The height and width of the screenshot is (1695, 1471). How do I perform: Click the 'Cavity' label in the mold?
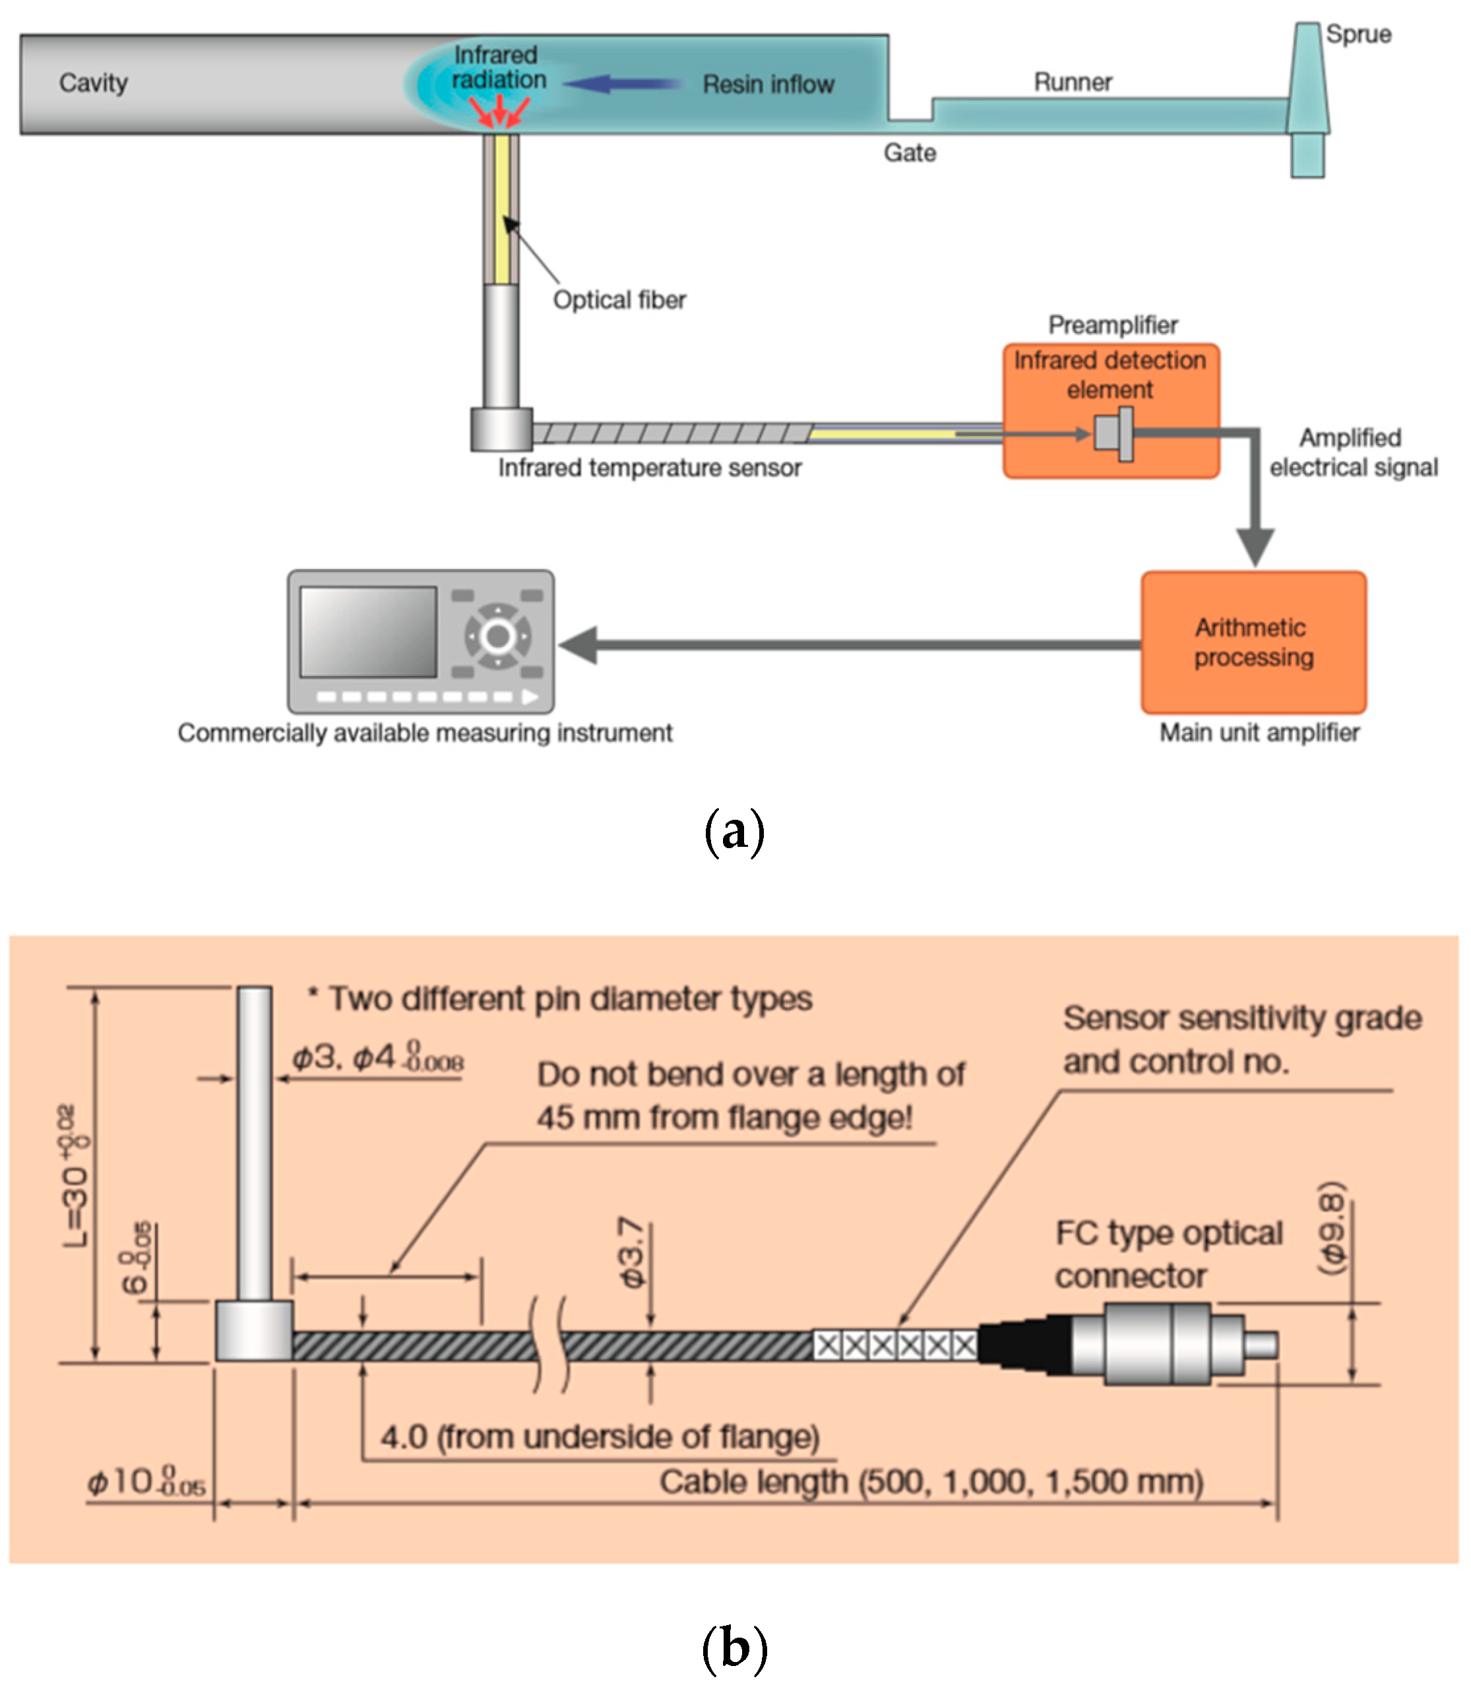tap(93, 83)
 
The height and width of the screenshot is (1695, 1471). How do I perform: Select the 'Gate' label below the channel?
tap(909, 152)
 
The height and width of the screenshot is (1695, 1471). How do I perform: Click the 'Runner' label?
tap(1072, 82)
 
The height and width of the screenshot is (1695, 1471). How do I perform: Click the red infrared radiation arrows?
tap(499, 111)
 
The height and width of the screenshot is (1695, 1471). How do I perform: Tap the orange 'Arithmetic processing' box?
tap(1253, 642)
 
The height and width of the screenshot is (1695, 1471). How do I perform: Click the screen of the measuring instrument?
tap(368, 631)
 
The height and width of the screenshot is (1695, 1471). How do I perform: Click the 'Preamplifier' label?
tap(1112, 325)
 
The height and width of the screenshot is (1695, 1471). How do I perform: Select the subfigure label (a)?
tap(734, 832)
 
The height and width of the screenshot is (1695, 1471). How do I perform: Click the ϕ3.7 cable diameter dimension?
tap(632, 1252)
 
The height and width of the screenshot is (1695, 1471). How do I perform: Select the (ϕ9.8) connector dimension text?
tap(1330, 1227)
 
